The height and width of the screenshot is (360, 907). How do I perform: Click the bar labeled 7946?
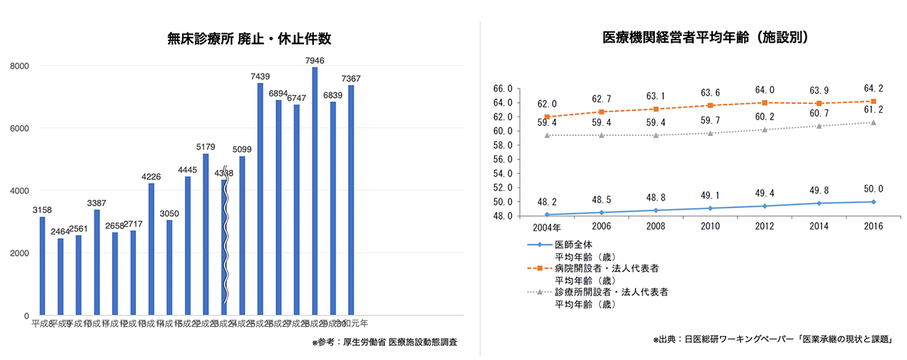[315, 191]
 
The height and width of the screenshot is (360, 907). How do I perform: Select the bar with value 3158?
[43, 266]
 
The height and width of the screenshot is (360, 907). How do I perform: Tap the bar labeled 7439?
[260, 199]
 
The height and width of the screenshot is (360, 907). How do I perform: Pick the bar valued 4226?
[151, 249]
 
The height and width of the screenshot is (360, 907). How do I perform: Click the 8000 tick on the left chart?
[18, 66]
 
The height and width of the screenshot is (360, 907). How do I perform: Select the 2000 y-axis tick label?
[18, 253]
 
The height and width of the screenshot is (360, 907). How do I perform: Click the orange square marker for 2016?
[873, 101]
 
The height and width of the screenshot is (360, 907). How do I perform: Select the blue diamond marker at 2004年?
[546, 214]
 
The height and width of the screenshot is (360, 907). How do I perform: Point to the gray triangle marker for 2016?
[873, 123]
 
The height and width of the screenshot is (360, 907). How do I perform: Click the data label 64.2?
[873, 89]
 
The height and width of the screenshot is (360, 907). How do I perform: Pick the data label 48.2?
[546, 201]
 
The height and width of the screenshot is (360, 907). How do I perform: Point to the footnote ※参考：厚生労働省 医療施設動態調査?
[384, 342]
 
